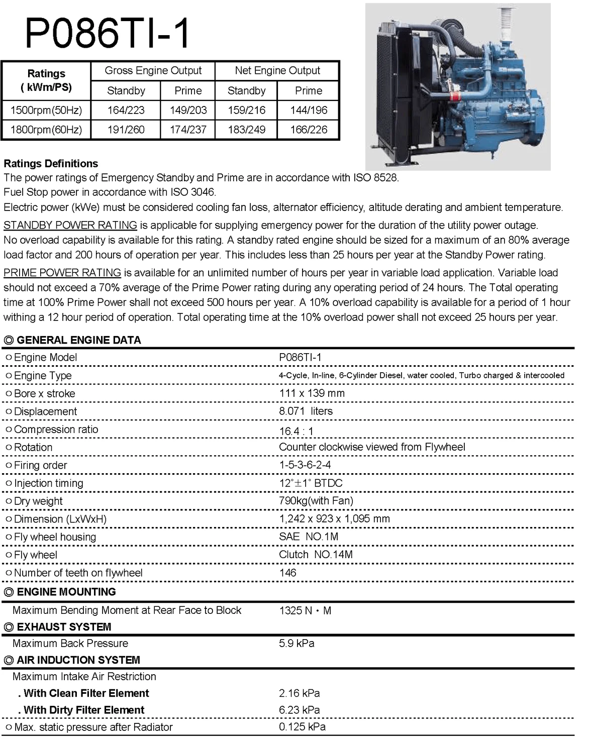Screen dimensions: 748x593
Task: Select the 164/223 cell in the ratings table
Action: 126,110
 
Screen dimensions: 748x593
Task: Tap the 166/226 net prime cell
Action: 308,130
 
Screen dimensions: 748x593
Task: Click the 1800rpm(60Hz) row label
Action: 46,130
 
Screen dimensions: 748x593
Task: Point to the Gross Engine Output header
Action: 153,71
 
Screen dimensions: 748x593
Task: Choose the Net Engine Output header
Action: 277,71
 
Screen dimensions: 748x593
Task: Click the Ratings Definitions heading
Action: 51,163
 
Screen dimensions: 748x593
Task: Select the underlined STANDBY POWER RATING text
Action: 70,225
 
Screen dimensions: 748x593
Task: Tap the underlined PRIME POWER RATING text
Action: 62,273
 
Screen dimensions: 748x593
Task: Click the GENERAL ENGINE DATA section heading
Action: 78,340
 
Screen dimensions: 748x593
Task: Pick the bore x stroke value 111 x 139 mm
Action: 312,393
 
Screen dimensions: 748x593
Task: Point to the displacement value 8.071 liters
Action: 306,411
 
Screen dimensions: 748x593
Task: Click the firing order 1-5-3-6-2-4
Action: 305,465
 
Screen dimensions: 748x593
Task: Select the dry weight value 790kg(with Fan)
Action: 316,500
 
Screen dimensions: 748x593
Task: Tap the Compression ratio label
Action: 56,430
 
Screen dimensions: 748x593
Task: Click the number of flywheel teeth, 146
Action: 287,573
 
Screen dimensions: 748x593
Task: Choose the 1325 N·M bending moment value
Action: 305,611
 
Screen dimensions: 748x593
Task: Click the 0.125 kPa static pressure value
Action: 302,727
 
